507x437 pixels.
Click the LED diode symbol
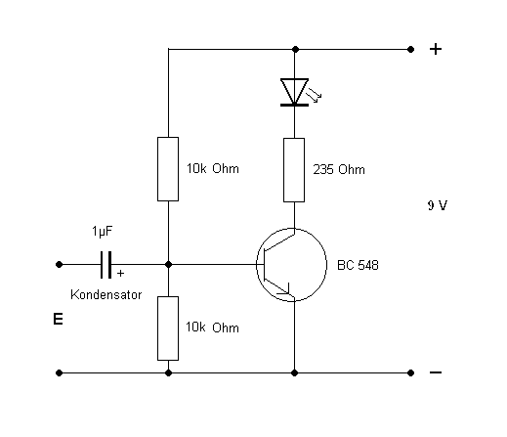tap(295, 92)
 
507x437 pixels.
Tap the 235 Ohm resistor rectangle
tap(294, 170)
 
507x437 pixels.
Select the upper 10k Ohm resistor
tap(168, 169)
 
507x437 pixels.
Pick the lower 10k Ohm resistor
tap(168, 328)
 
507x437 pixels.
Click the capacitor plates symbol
tap(106, 265)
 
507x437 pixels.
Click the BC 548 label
tap(358, 265)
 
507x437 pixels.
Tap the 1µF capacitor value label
tap(103, 232)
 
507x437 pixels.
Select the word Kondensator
tap(106, 294)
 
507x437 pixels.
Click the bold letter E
tap(58, 319)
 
